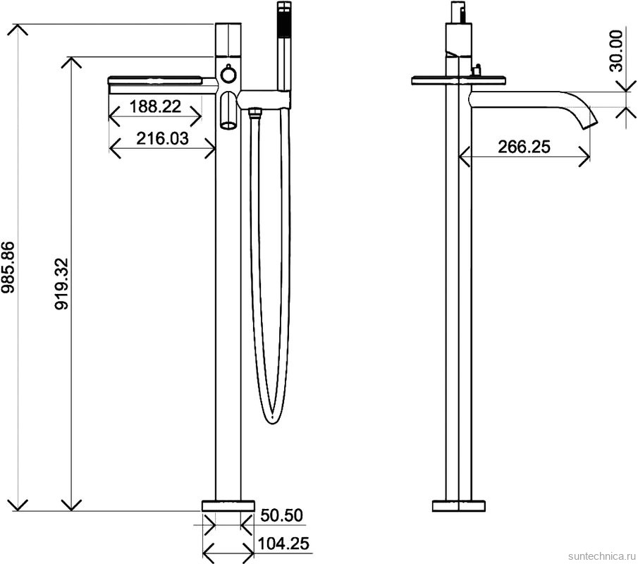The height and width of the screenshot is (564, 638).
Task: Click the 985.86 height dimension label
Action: [x=8, y=272]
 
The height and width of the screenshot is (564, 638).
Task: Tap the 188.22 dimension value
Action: [x=156, y=107]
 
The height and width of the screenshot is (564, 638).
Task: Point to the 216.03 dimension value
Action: [x=163, y=138]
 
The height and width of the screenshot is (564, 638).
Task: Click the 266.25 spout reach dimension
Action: [x=524, y=147]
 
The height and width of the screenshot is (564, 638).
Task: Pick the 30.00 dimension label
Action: [x=617, y=51]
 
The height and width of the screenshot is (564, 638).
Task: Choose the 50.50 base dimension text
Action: [x=281, y=515]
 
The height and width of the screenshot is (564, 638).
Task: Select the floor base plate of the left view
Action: [x=228, y=505]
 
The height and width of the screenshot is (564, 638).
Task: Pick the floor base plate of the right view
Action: [x=459, y=505]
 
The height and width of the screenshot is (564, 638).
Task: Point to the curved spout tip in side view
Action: [x=587, y=121]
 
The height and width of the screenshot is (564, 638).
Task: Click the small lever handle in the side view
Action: [x=477, y=69]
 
